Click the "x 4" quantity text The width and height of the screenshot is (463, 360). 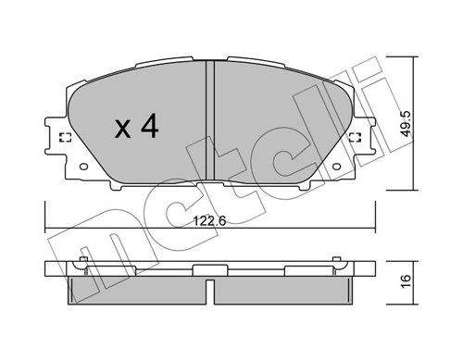pos(136,128)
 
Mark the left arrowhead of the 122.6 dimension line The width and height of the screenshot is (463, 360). pos(48,228)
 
